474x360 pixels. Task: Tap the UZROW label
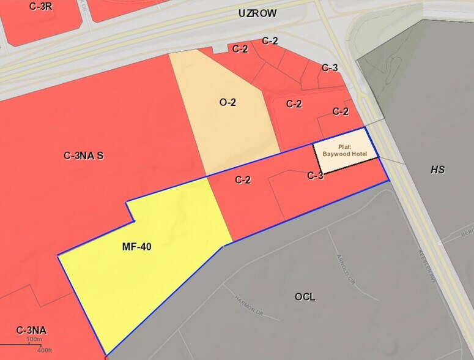tap(257, 13)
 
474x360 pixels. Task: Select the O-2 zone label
tap(228, 102)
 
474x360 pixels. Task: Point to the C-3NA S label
tap(84, 156)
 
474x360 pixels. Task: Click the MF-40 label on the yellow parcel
tap(136, 247)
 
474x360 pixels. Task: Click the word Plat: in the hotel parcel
tap(344, 147)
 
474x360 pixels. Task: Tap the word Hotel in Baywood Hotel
tap(357, 154)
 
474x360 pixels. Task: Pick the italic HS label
tap(437, 170)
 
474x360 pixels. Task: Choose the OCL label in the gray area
tap(305, 297)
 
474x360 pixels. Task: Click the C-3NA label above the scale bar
tap(32, 331)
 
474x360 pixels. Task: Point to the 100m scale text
tap(34, 339)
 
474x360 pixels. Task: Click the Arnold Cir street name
tap(346, 269)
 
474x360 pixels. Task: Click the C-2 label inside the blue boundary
tap(243, 180)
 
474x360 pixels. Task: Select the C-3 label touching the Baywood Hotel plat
tap(315, 176)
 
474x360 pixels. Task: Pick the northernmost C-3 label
tap(330, 67)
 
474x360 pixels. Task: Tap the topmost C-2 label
tap(270, 41)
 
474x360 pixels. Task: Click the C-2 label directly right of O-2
tap(294, 104)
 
